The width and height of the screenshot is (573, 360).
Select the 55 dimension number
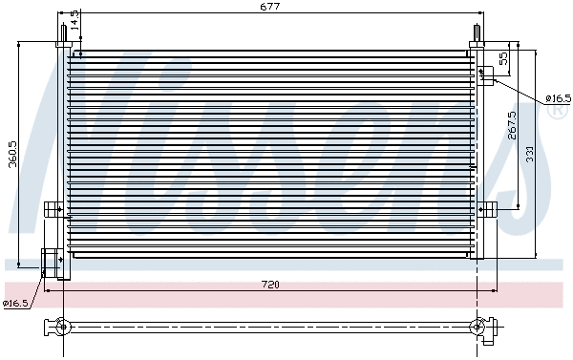point(504,58)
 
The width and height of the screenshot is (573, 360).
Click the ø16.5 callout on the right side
point(558,98)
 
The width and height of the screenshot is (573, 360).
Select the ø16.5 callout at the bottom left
point(15,304)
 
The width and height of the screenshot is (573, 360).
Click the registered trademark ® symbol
point(556,113)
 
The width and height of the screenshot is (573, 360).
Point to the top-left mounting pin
point(63,33)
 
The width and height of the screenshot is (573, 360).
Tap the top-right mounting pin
point(476,35)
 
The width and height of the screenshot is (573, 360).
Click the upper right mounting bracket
point(485,74)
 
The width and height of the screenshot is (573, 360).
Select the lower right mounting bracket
point(488,209)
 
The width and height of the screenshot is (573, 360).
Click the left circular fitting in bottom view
point(63,328)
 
